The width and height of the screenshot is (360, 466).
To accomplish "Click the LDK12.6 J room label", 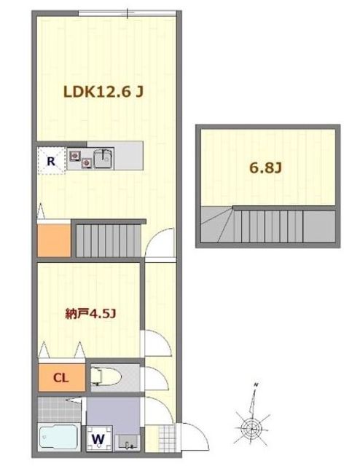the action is (x=103, y=92).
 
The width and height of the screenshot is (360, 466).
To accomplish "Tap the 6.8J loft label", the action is (x=265, y=168).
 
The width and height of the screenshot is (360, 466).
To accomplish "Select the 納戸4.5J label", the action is (x=91, y=314).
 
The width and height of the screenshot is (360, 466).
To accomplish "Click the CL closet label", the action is (x=60, y=378).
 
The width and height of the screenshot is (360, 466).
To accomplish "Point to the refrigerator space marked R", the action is (x=51, y=162).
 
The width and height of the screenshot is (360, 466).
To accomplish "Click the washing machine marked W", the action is (x=98, y=439).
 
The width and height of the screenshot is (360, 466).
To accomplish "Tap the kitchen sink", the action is (x=103, y=158).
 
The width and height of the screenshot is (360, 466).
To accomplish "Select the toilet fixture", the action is (x=106, y=378).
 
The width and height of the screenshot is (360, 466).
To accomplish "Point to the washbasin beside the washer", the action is (x=128, y=442).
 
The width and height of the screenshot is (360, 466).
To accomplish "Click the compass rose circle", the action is (x=251, y=428).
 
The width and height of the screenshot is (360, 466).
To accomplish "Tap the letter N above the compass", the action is (x=256, y=385).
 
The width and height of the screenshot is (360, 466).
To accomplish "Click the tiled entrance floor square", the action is (x=167, y=438).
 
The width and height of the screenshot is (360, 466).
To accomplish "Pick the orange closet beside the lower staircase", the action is (x=54, y=240).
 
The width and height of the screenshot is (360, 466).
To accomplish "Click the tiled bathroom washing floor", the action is (x=59, y=409).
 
